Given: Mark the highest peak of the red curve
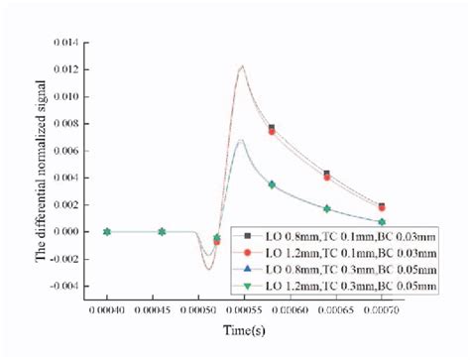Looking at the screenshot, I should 241,66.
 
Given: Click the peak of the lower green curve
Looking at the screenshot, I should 241,140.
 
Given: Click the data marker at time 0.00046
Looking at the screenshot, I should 162,232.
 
